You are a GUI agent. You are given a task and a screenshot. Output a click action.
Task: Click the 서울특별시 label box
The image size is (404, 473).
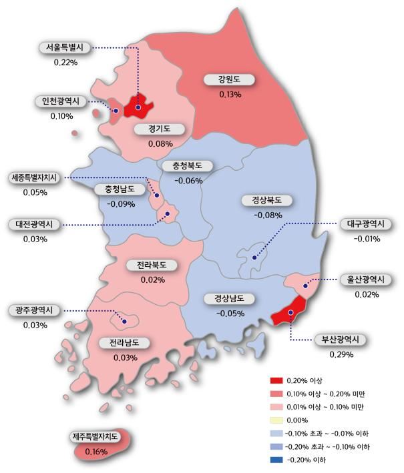coord(65,48)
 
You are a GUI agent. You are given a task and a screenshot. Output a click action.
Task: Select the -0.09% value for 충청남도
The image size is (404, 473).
coord(119,203)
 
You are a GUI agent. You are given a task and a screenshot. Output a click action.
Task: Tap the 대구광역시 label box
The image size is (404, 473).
coord(367,224)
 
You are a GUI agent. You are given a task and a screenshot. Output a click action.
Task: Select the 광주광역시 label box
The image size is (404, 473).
coord(35,311)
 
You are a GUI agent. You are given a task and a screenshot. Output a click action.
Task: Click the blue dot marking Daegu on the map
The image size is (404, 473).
coord(254,257)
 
